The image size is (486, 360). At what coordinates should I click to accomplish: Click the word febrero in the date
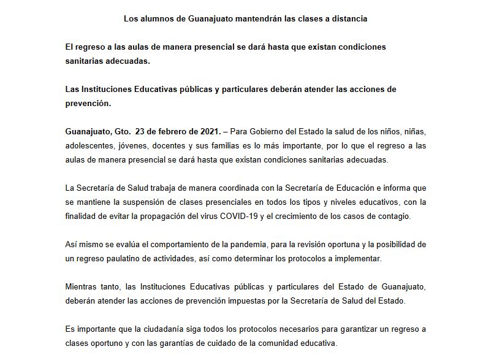point(178,131)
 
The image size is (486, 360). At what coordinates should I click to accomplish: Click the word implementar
point(359,258)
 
